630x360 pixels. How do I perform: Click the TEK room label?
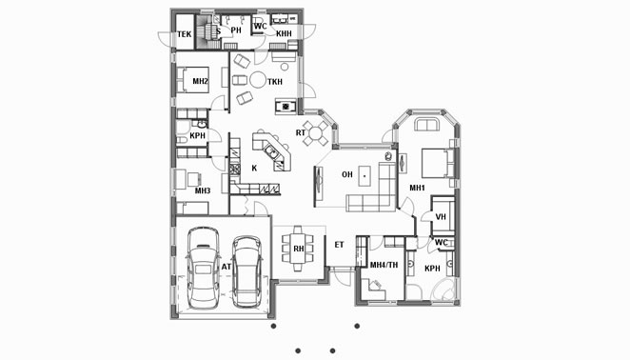pyautogui.click(x=185, y=34)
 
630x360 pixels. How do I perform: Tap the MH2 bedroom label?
pyautogui.click(x=200, y=82)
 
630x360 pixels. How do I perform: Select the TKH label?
pyautogui.click(x=275, y=82)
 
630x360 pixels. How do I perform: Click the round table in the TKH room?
pyautogui.click(x=258, y=80)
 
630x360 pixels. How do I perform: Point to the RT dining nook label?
pyautogui.click(x=301, y=132)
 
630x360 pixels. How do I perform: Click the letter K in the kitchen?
pyautogui.click(x=254, y=169)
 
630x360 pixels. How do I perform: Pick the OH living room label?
pyautogui.click(x=347, y=174)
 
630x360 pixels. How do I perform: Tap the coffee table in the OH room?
pyautogui.click(x=364, y=176)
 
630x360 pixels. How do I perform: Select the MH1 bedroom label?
pyautogui.click(x=417, y=188)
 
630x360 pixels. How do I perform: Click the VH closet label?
pyautogui.click(x=441, y=217)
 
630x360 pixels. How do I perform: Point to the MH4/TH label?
pyautogui.click(x=384, y=265)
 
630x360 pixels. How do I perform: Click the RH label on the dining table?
pyautogui.click(x=299, y=249)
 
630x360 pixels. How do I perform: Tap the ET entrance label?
pyautogui.click(x=339, y=245)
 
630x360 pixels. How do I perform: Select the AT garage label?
pyautogui.click(x=226, y=267)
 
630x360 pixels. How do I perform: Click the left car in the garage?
pyautogui.click(x=204, y=268)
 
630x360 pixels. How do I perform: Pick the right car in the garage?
pyautogui.click(x=247, y=271)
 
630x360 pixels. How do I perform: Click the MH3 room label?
pyautogui.click(x=203, y=190)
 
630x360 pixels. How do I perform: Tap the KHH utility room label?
pyautogui.click(x=284, y=33)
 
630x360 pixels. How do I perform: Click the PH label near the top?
pyautogui.click(x=236, y=30)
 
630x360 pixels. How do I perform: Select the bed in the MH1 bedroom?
pyautogui.click(x=438, y=163)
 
